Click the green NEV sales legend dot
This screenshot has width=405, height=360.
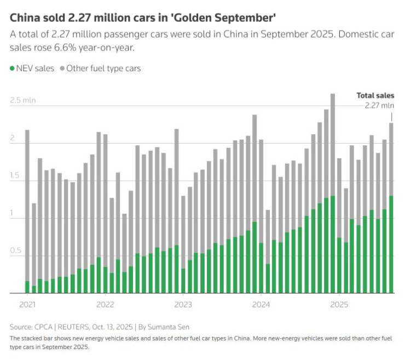13,69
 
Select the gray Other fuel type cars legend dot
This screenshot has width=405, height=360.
62,69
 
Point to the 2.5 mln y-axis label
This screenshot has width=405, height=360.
22,101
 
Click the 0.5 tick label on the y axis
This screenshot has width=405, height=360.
16,251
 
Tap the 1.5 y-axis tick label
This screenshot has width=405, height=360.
16,176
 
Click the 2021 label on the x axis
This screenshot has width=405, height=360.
27,304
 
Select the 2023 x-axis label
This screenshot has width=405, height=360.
183,304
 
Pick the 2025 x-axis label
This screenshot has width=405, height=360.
339,304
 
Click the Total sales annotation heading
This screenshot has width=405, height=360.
375,96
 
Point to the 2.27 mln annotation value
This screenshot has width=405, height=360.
379,105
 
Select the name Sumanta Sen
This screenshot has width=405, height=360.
166,327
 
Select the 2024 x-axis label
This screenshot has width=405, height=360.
261,304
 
